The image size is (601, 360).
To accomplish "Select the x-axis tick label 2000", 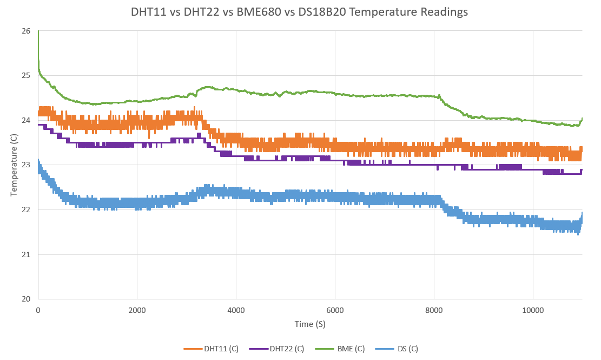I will click(x=137, y=310).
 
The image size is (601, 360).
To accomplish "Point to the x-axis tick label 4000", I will click(x=236, y=310).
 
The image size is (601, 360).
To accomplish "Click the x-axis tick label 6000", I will click(x=335, y=310).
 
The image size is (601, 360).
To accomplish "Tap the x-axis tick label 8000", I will click(x=434, y=310).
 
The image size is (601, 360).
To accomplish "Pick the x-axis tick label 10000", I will click(x=533, y=310).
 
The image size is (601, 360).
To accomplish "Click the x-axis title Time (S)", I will click(x=310, y=324).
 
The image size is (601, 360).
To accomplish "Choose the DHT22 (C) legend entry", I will click(x=281, y=349).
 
